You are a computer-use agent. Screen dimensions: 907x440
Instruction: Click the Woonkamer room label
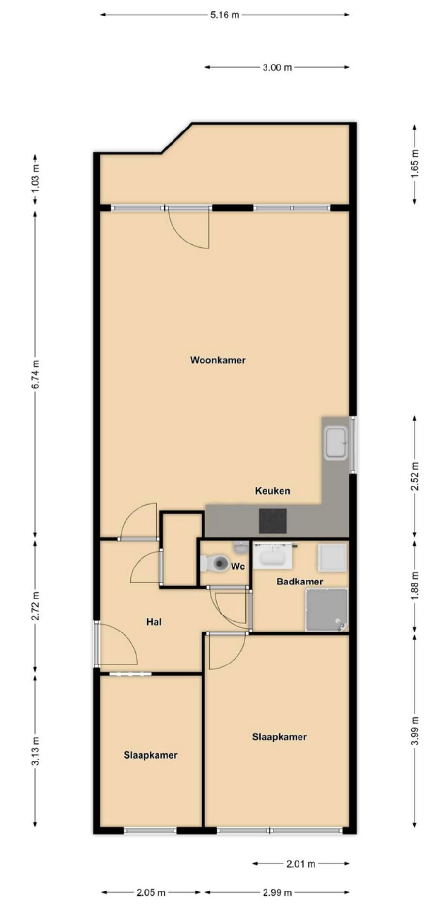(218, 360)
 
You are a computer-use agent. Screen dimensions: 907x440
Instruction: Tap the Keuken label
(272, 491)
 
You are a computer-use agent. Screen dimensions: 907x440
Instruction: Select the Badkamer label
(299, 582)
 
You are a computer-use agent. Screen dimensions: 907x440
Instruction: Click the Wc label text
(237, 567)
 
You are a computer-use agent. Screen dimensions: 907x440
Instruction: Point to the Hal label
(154, 622)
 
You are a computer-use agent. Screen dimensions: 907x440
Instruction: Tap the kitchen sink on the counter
(335, 443)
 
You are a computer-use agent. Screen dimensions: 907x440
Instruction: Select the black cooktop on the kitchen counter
(272, 521)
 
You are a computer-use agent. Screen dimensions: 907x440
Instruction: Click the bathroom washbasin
(272, 556)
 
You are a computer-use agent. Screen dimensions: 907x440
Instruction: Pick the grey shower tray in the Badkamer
(327, 610)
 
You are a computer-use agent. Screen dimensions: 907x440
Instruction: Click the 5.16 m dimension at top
(224, 15)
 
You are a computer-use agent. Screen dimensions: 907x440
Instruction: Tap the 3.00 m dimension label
(277, 67)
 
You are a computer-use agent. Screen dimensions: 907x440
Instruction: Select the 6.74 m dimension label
(35, 374)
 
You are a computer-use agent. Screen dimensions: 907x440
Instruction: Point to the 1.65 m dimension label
(415, 163)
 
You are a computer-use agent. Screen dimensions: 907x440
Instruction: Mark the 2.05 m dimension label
(151, 892)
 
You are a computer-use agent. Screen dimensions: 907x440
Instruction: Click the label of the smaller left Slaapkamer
(150, 755)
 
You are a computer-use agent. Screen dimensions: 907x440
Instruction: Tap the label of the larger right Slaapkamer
(279, 737)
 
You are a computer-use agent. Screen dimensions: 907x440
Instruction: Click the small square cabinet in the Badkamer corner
(332, 557)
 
